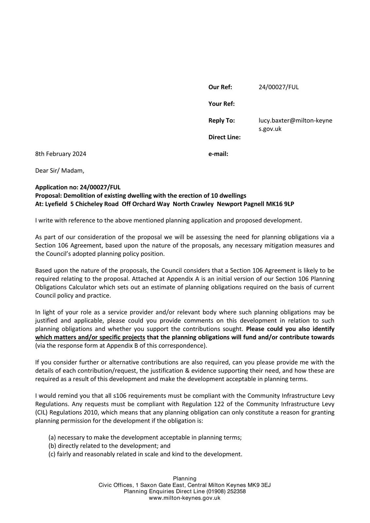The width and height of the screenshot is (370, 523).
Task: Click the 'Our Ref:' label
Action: click(220, 87)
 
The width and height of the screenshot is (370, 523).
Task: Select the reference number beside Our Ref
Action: click(278, 87)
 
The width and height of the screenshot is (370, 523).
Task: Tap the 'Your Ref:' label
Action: click(222, 104)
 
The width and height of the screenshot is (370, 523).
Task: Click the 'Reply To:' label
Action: click(222, 121)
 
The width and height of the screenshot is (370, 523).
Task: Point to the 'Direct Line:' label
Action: click(224, 137)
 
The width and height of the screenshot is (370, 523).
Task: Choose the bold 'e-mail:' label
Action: click(218, 154)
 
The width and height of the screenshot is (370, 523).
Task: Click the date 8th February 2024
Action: click(60, 154)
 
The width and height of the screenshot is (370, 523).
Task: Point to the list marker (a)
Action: click(52, 437)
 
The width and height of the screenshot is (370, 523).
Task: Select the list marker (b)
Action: click(52, 446)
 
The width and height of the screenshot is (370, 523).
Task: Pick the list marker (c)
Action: click(52, 454)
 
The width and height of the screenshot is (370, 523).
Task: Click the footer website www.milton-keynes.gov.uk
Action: click(185, 498)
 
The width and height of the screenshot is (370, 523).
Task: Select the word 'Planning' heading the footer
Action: click(185, 479)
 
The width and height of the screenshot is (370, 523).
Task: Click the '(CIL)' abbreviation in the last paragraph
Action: click(41, 413)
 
